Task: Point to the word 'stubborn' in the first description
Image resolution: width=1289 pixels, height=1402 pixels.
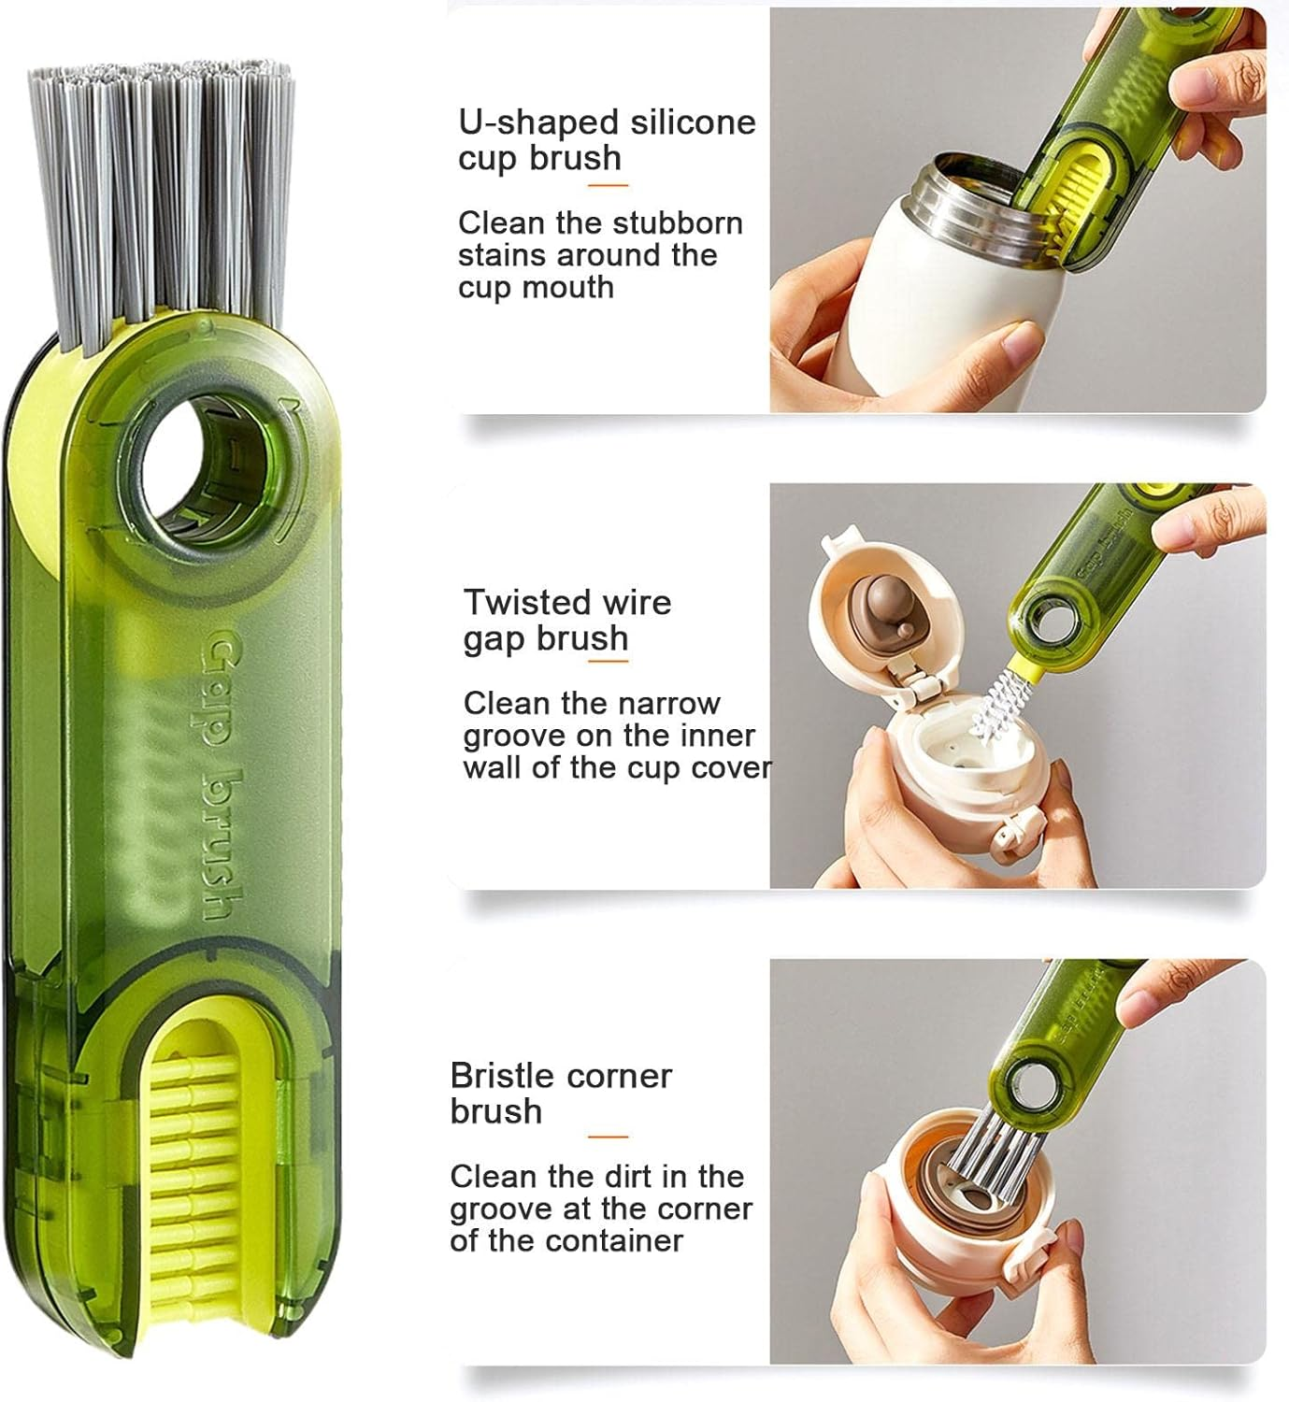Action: point(677,223)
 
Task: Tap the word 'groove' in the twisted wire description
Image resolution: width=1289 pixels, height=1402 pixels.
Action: point(513,736)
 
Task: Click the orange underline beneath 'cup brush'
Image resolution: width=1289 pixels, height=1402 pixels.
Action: point(608,185)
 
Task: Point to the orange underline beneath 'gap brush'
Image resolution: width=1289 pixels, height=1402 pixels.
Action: point(608,662)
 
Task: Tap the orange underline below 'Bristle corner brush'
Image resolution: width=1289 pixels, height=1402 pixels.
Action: point(608,1137)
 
